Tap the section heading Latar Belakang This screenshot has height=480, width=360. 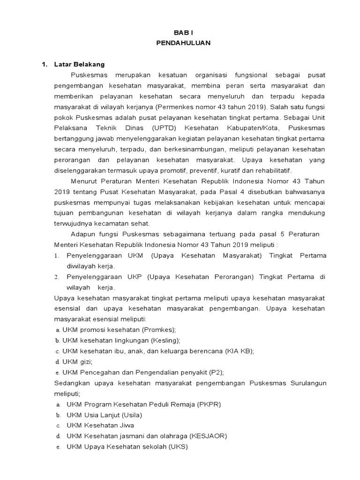click(79, 64)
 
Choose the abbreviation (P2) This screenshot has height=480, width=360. click(215, 372)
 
